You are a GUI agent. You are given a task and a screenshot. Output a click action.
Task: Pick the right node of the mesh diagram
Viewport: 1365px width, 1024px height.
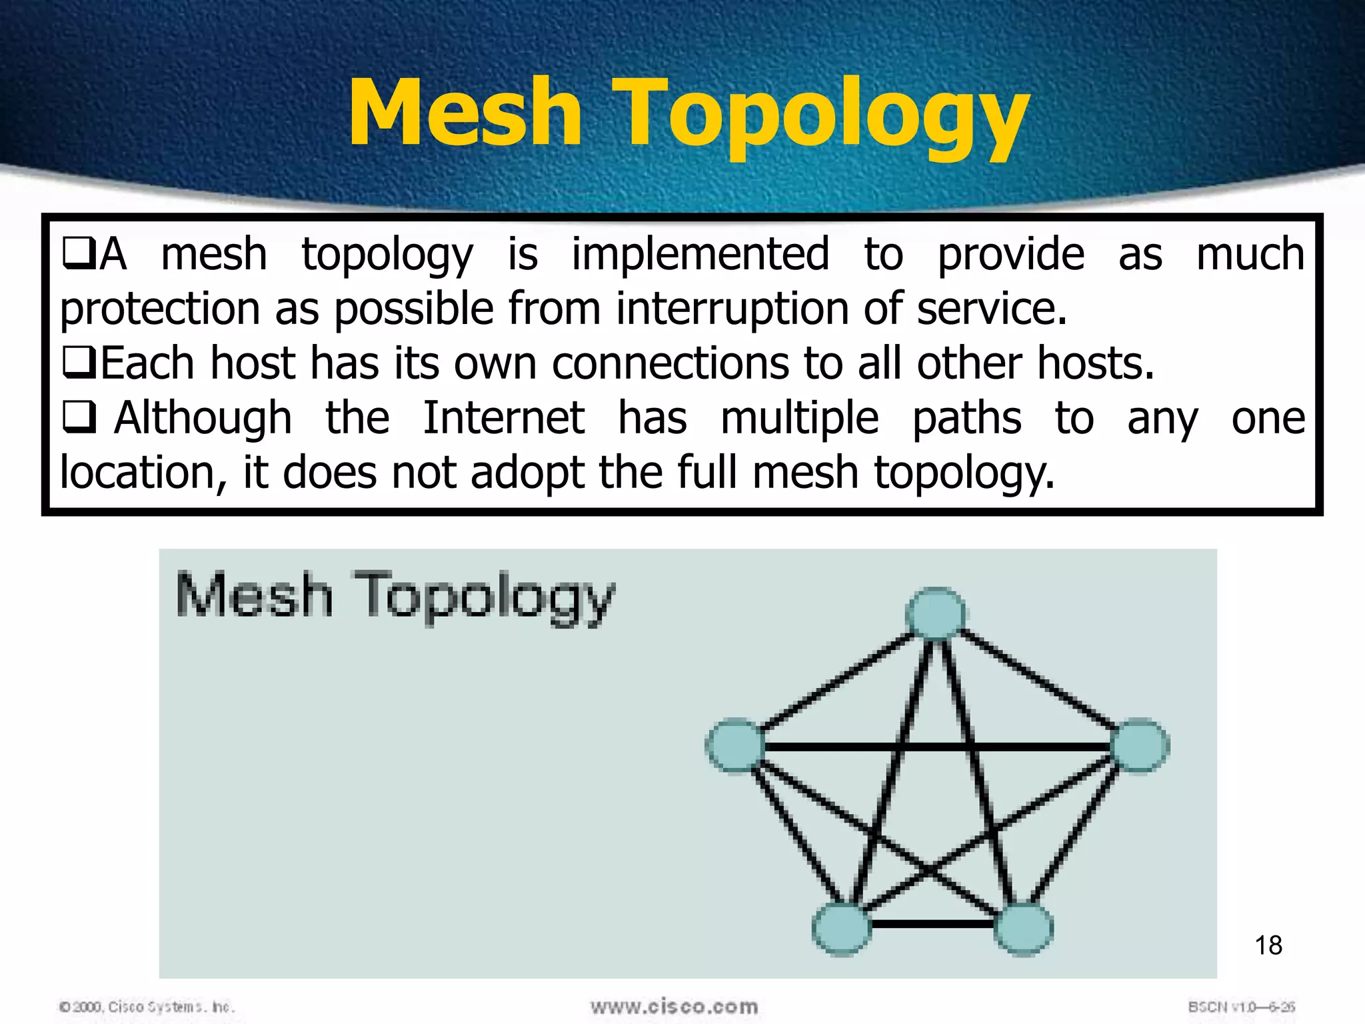point(1140,745)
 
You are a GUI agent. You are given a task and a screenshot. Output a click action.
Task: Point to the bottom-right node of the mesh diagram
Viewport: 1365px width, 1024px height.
point(1023,929)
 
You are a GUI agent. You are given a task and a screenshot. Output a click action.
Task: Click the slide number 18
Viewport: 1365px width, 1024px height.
point(1268,945)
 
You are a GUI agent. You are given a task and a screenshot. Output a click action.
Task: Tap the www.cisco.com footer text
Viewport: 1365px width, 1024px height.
point(674,1006)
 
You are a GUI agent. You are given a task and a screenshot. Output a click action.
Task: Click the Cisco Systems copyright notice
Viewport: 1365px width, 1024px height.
point(147,1007)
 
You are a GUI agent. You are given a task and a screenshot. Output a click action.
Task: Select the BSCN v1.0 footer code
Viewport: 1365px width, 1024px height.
point(1241,1007)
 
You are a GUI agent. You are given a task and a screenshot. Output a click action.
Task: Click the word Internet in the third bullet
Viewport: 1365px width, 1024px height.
point(504,419)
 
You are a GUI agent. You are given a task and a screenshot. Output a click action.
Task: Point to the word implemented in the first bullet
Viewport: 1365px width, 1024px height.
point(700,255)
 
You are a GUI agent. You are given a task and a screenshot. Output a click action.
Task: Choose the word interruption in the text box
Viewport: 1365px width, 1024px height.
point(732,309)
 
